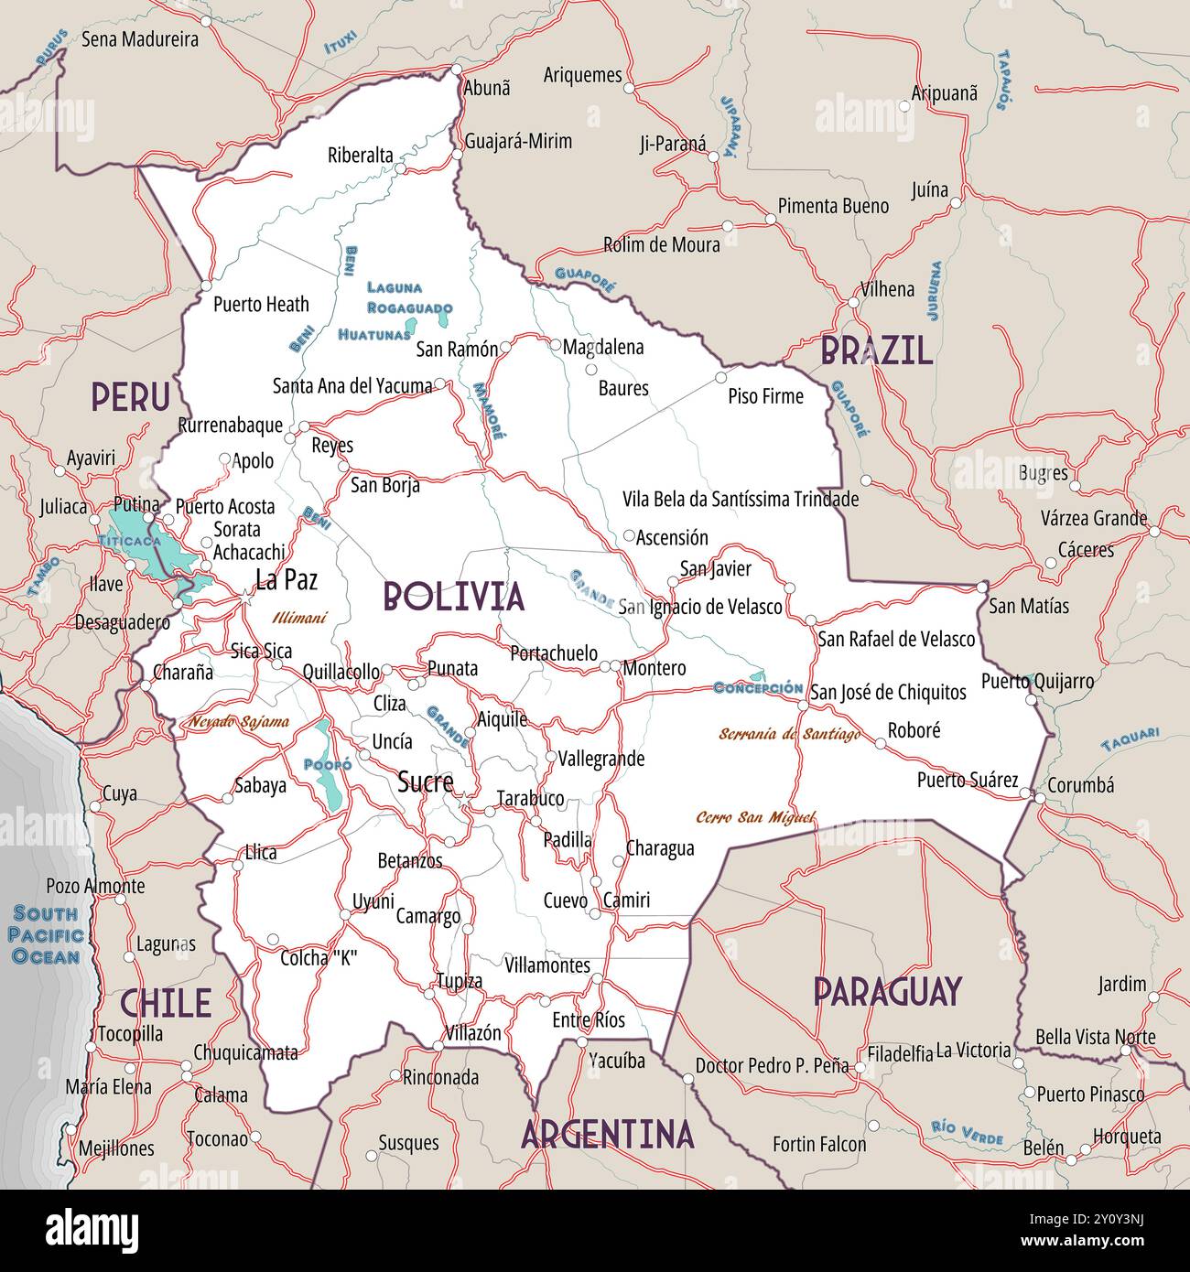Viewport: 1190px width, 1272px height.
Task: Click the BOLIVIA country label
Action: [x=454, y=597]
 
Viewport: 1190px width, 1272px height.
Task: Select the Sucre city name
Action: [x=425, y=782]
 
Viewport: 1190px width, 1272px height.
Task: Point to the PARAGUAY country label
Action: [x=887, y=991]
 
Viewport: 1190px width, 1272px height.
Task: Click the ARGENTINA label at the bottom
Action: [x=607, y=1135]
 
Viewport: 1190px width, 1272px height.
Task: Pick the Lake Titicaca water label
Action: [x=129, y=541]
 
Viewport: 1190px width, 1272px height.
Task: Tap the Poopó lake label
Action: [x=327, y=764]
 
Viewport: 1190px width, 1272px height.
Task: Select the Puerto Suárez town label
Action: [x=968, y=780]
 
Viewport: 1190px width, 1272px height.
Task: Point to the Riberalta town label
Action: [x=360, y=155]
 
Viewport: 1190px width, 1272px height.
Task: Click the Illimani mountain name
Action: [x=298, y=619]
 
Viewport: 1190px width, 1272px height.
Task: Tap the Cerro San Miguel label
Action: [x=755, y=817]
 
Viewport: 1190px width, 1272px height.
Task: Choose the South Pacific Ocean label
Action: [x=46, y=935]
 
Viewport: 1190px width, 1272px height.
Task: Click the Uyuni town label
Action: [x=373, y=902]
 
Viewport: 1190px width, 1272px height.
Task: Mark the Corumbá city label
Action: [x=1080, y=785]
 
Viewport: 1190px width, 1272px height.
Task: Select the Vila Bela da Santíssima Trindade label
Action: [x=741, y=499]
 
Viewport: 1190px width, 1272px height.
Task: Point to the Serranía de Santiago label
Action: [x=789, y=734]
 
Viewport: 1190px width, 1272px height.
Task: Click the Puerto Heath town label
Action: [x=261, y=304]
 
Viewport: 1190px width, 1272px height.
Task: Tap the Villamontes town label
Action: [x=546, y=965]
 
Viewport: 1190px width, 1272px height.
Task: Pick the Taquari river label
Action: [x=1130, y=738]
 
